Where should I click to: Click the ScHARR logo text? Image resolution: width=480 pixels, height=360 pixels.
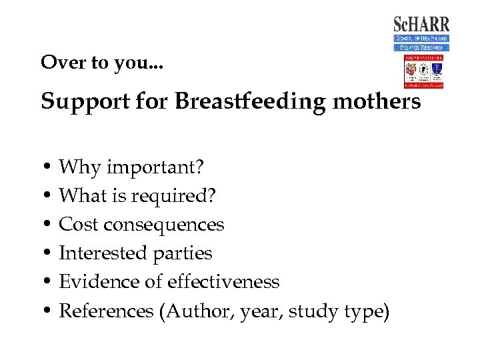pyautogui.click(x=421, y=25)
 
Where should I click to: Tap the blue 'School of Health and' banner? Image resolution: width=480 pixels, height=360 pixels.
pyautogui.click(x=421, y=39)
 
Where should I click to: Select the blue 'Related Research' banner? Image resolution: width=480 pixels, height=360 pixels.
pyautogui.click(x=421, y=47)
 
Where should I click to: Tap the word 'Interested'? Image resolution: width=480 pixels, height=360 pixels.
pyautogui.click(x=103, y=253)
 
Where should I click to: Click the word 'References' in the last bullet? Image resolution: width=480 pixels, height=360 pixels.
pyautogui.click(x=106, y=311)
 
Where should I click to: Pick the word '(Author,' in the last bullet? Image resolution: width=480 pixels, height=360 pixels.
pyautogui.click(x=193, y=311)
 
